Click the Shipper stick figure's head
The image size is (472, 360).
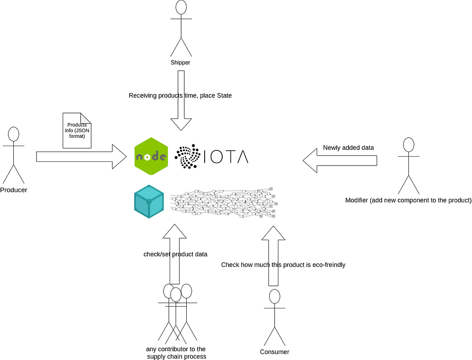181,7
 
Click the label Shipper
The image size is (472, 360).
181,62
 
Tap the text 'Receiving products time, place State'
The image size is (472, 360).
180,95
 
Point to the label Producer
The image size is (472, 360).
13,190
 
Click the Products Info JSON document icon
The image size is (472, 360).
77,130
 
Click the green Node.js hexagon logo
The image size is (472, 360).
151,156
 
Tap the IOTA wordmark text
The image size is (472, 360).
226,157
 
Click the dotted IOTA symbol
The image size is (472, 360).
186,156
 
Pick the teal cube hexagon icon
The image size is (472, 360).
149,202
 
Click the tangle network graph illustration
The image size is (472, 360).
224,203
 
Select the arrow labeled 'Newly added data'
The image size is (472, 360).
340,160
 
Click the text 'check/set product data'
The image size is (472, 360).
175,254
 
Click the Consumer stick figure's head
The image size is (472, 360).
275,296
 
